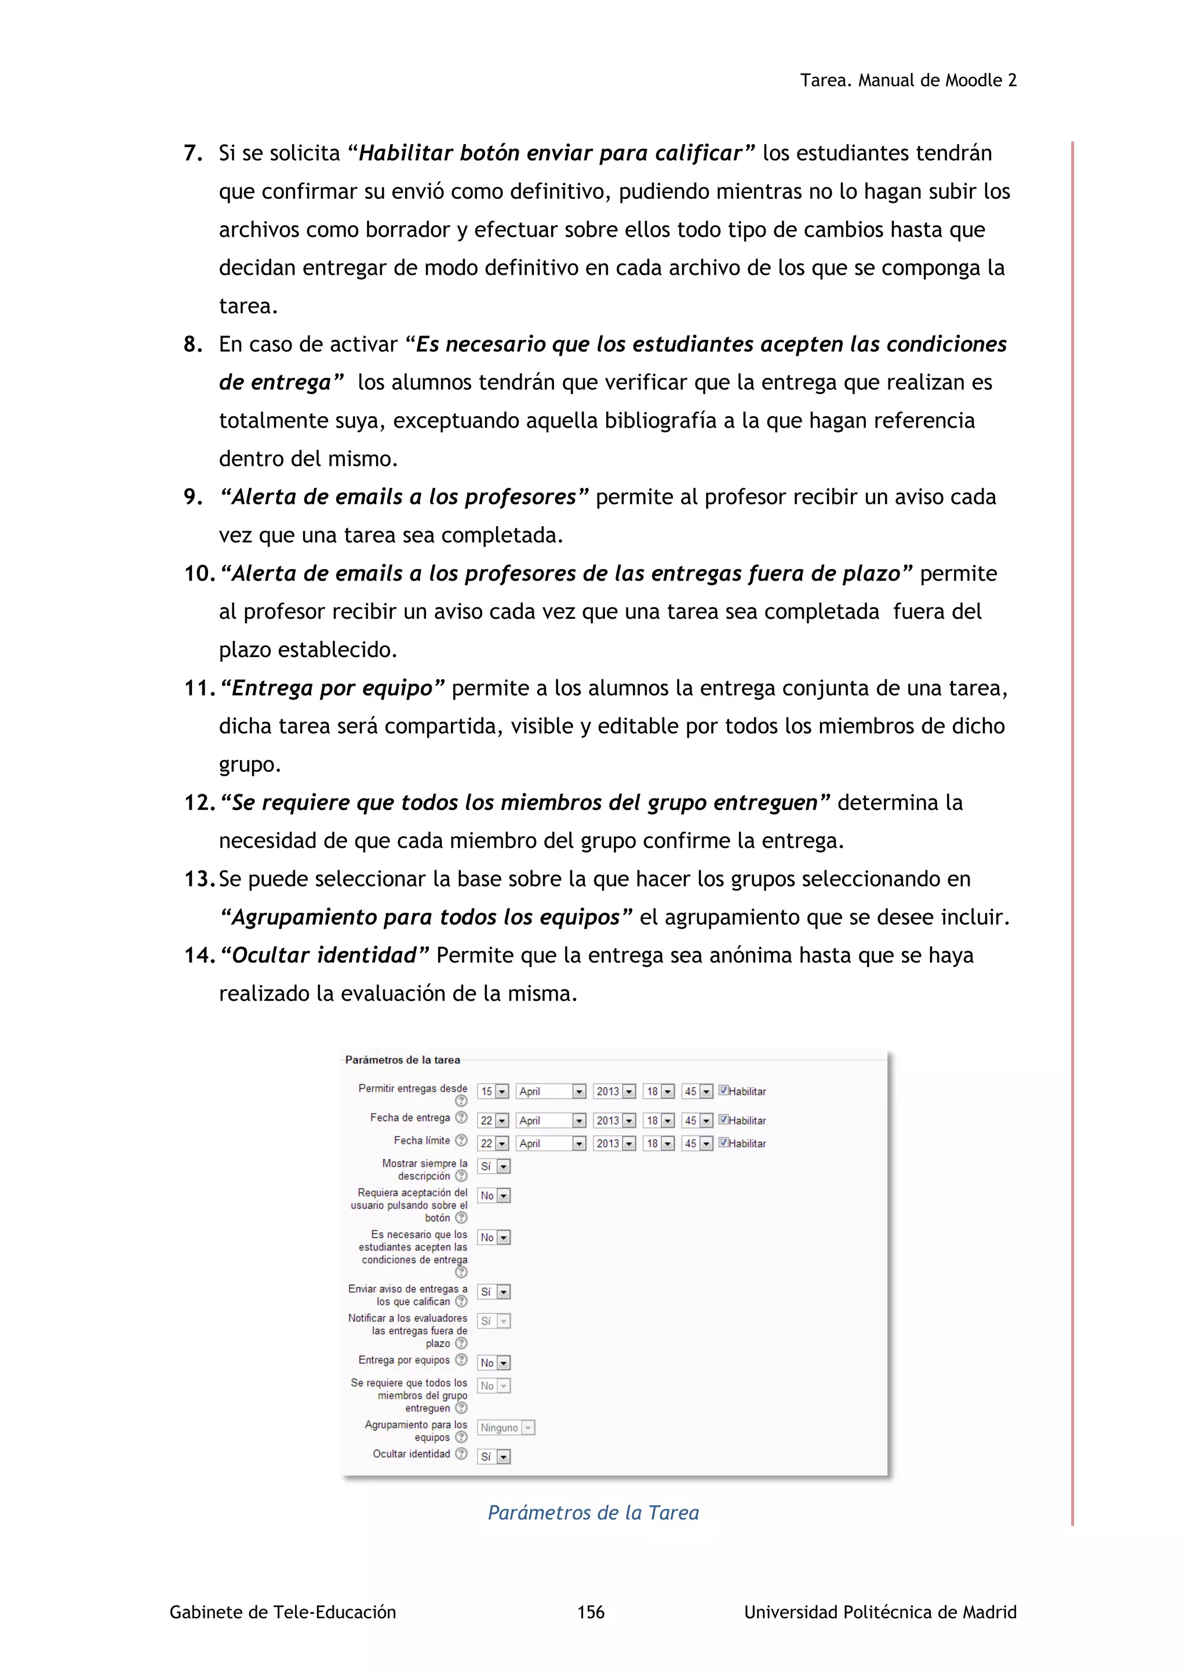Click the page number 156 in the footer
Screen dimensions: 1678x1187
click(591, 1612)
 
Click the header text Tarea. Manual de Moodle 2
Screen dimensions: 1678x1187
click(908, 81)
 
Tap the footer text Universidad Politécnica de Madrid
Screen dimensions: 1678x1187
click(880, 1612)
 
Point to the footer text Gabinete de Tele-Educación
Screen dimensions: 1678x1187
click(282, 1612)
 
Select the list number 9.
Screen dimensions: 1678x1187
click(192, 498)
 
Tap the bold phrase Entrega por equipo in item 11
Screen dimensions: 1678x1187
click(332, 688)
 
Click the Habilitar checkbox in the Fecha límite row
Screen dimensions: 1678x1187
click(723, 1142)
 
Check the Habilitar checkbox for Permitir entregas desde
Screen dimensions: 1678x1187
click(723, 1090)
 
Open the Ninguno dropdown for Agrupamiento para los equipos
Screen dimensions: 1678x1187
click(507, 1427)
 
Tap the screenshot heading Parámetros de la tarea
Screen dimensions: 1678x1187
click(402, 1060)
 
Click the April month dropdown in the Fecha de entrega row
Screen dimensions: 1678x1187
click(551, 1121)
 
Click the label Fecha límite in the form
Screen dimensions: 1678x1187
click(422, 1140)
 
